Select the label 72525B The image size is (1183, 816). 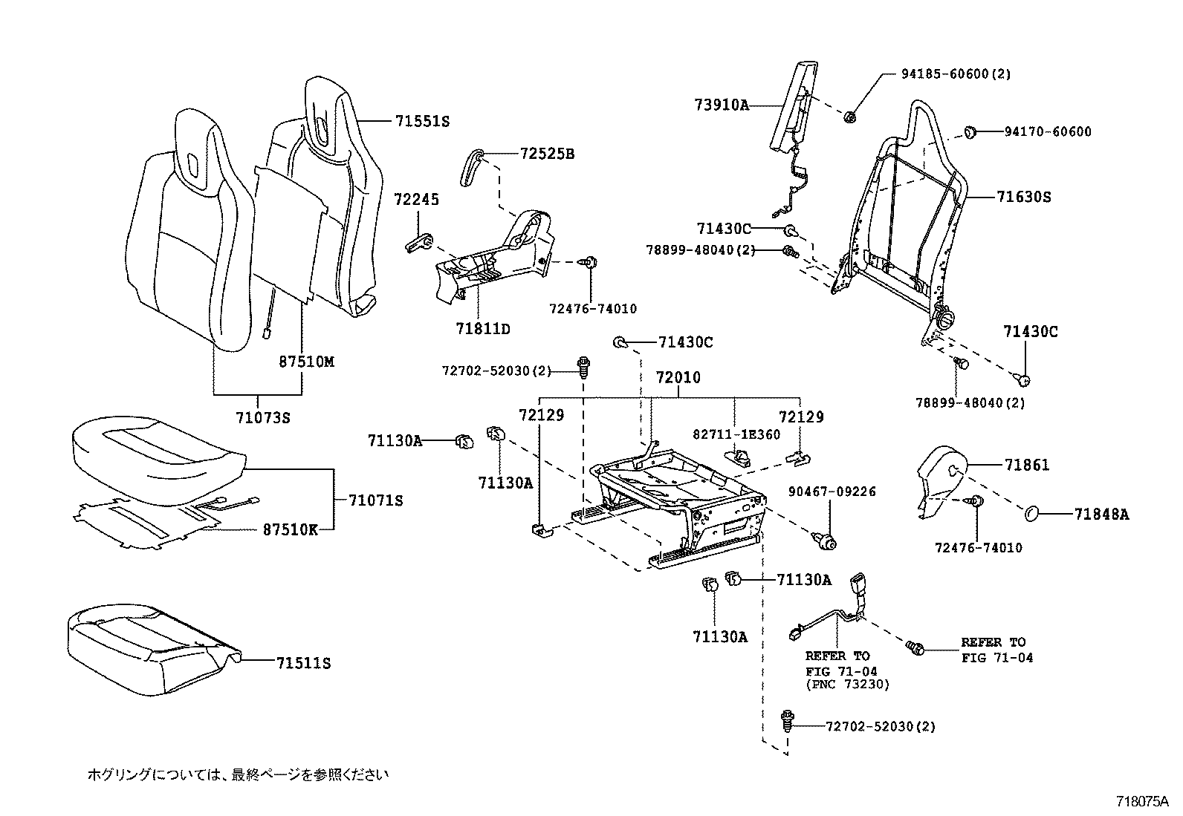pyautogui.click(x=547, y=154)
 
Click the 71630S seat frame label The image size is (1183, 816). pyautogui.click(x=1024, y=198)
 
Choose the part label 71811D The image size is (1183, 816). pyautogui.click(x=483, y=329)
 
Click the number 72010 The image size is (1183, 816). pyautogui.click(x=678, y=378)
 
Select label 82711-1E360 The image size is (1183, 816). pyautogui.click(x=736, y=434)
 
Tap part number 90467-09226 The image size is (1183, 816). pyautogui.click(x=832, y=492)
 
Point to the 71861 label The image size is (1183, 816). pyautogui.click(x=1027, y=466)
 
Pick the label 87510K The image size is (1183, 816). pyautogui.click(x=290, y=530)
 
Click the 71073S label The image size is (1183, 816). pyautogui.click(x=259, y=418)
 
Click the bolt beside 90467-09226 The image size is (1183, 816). pyautogui.click(x=823, y=540)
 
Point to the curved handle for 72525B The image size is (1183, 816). pyautogui.click(x=473, y=169)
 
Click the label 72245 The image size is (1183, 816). pyautogui.click(x=416, y=200)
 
